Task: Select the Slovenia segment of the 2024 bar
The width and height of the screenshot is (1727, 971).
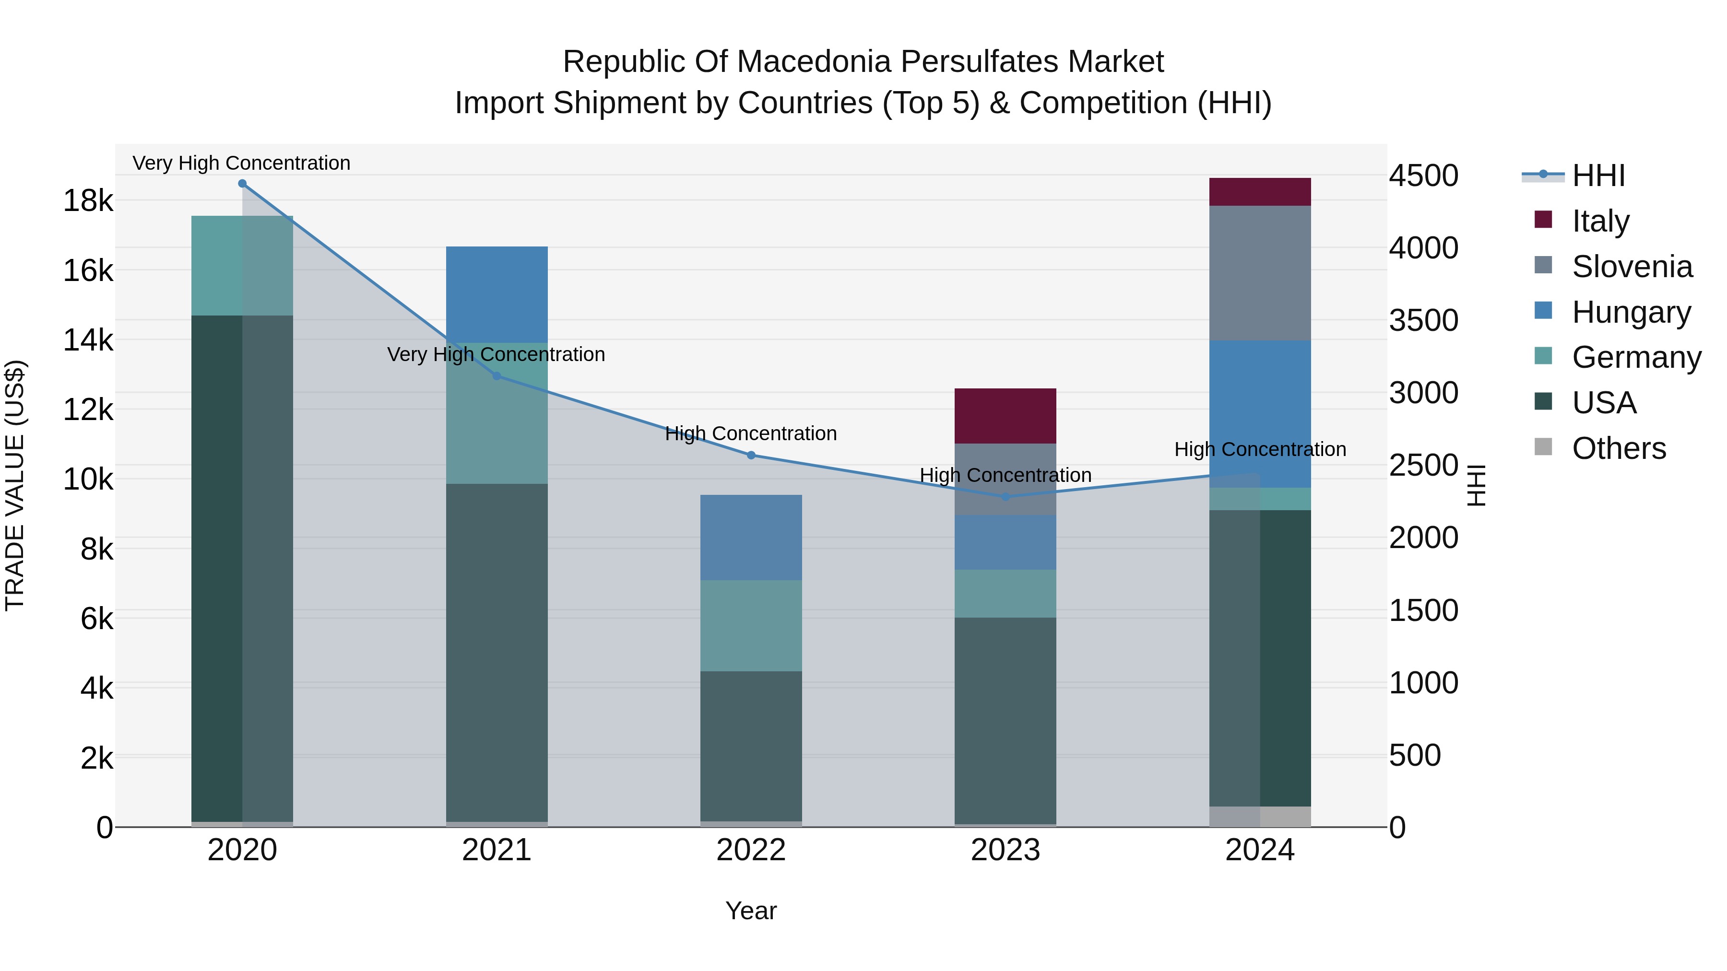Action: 1260,273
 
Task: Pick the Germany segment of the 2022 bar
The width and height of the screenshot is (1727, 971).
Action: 751,625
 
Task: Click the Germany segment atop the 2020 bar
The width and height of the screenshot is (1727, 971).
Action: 242,265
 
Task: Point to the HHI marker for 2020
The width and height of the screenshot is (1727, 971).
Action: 242,184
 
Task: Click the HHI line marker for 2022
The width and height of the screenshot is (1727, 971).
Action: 751,455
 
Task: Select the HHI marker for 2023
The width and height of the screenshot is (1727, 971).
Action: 1005,497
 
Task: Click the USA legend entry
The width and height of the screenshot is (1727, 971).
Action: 1604,403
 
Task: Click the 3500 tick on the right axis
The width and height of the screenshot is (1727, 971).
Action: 1423,320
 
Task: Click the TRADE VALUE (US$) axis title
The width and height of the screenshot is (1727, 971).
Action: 15,485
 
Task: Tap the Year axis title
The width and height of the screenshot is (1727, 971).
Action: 751,911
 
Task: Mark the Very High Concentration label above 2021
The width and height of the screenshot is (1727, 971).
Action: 496,354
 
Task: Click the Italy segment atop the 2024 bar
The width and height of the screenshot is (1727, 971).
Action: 1260,192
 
